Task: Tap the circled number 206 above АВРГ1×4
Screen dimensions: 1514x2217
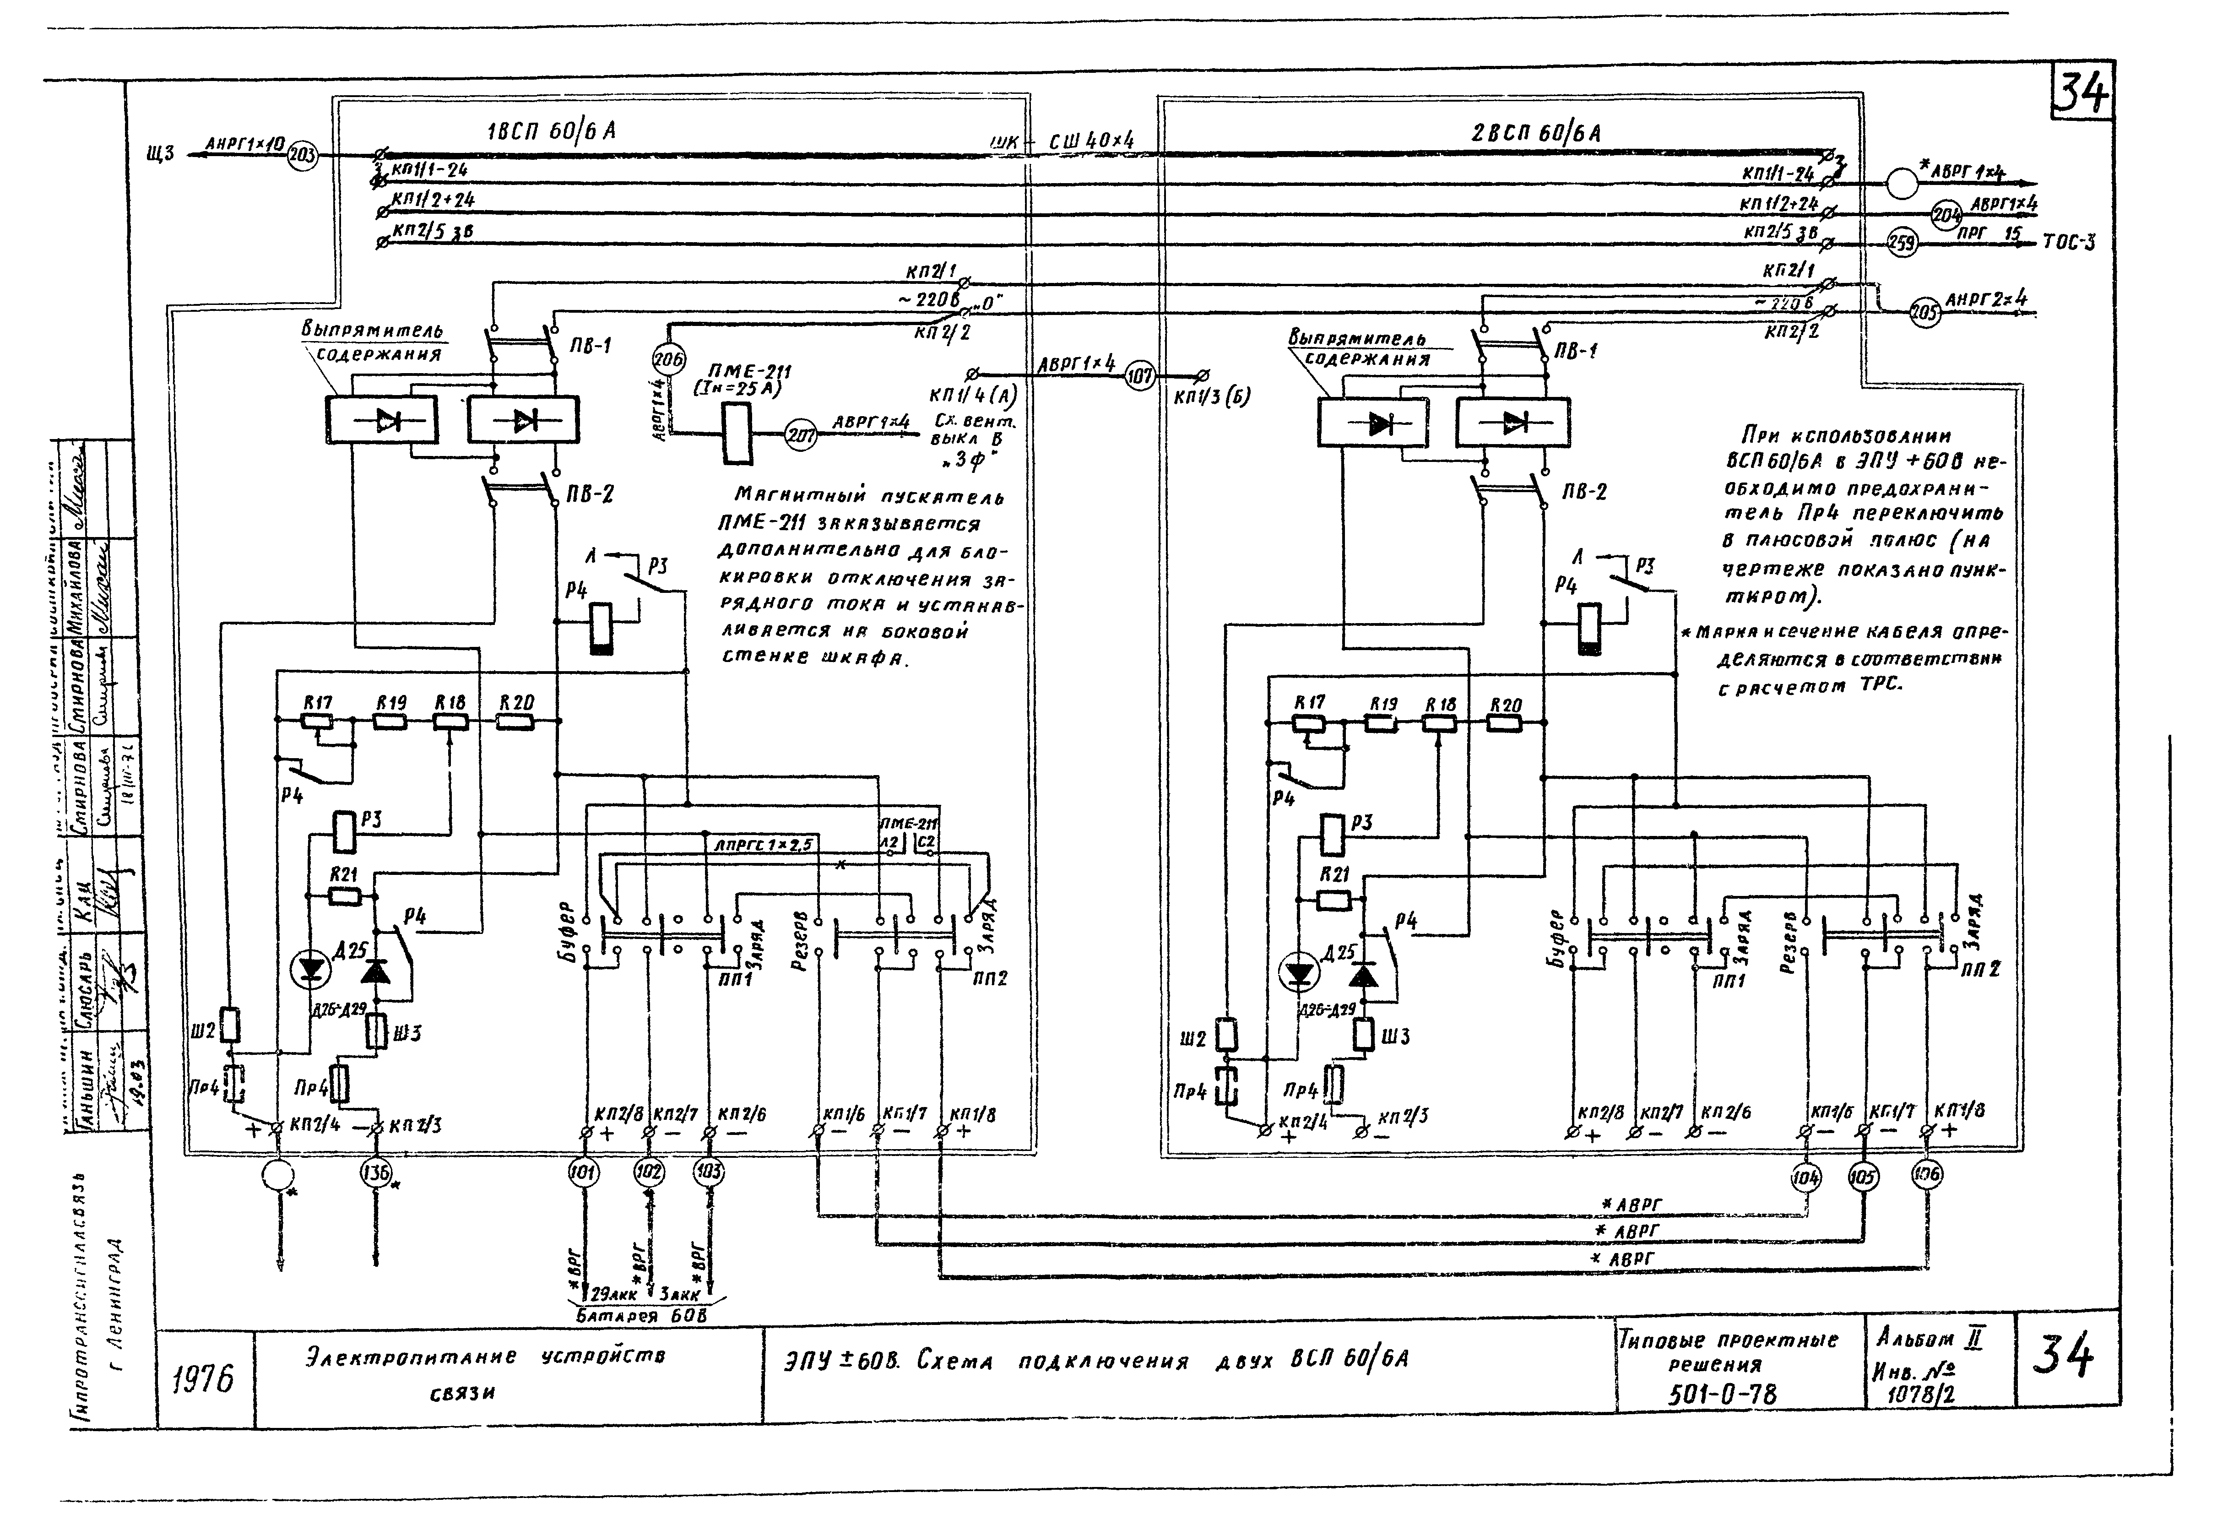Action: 669,359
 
